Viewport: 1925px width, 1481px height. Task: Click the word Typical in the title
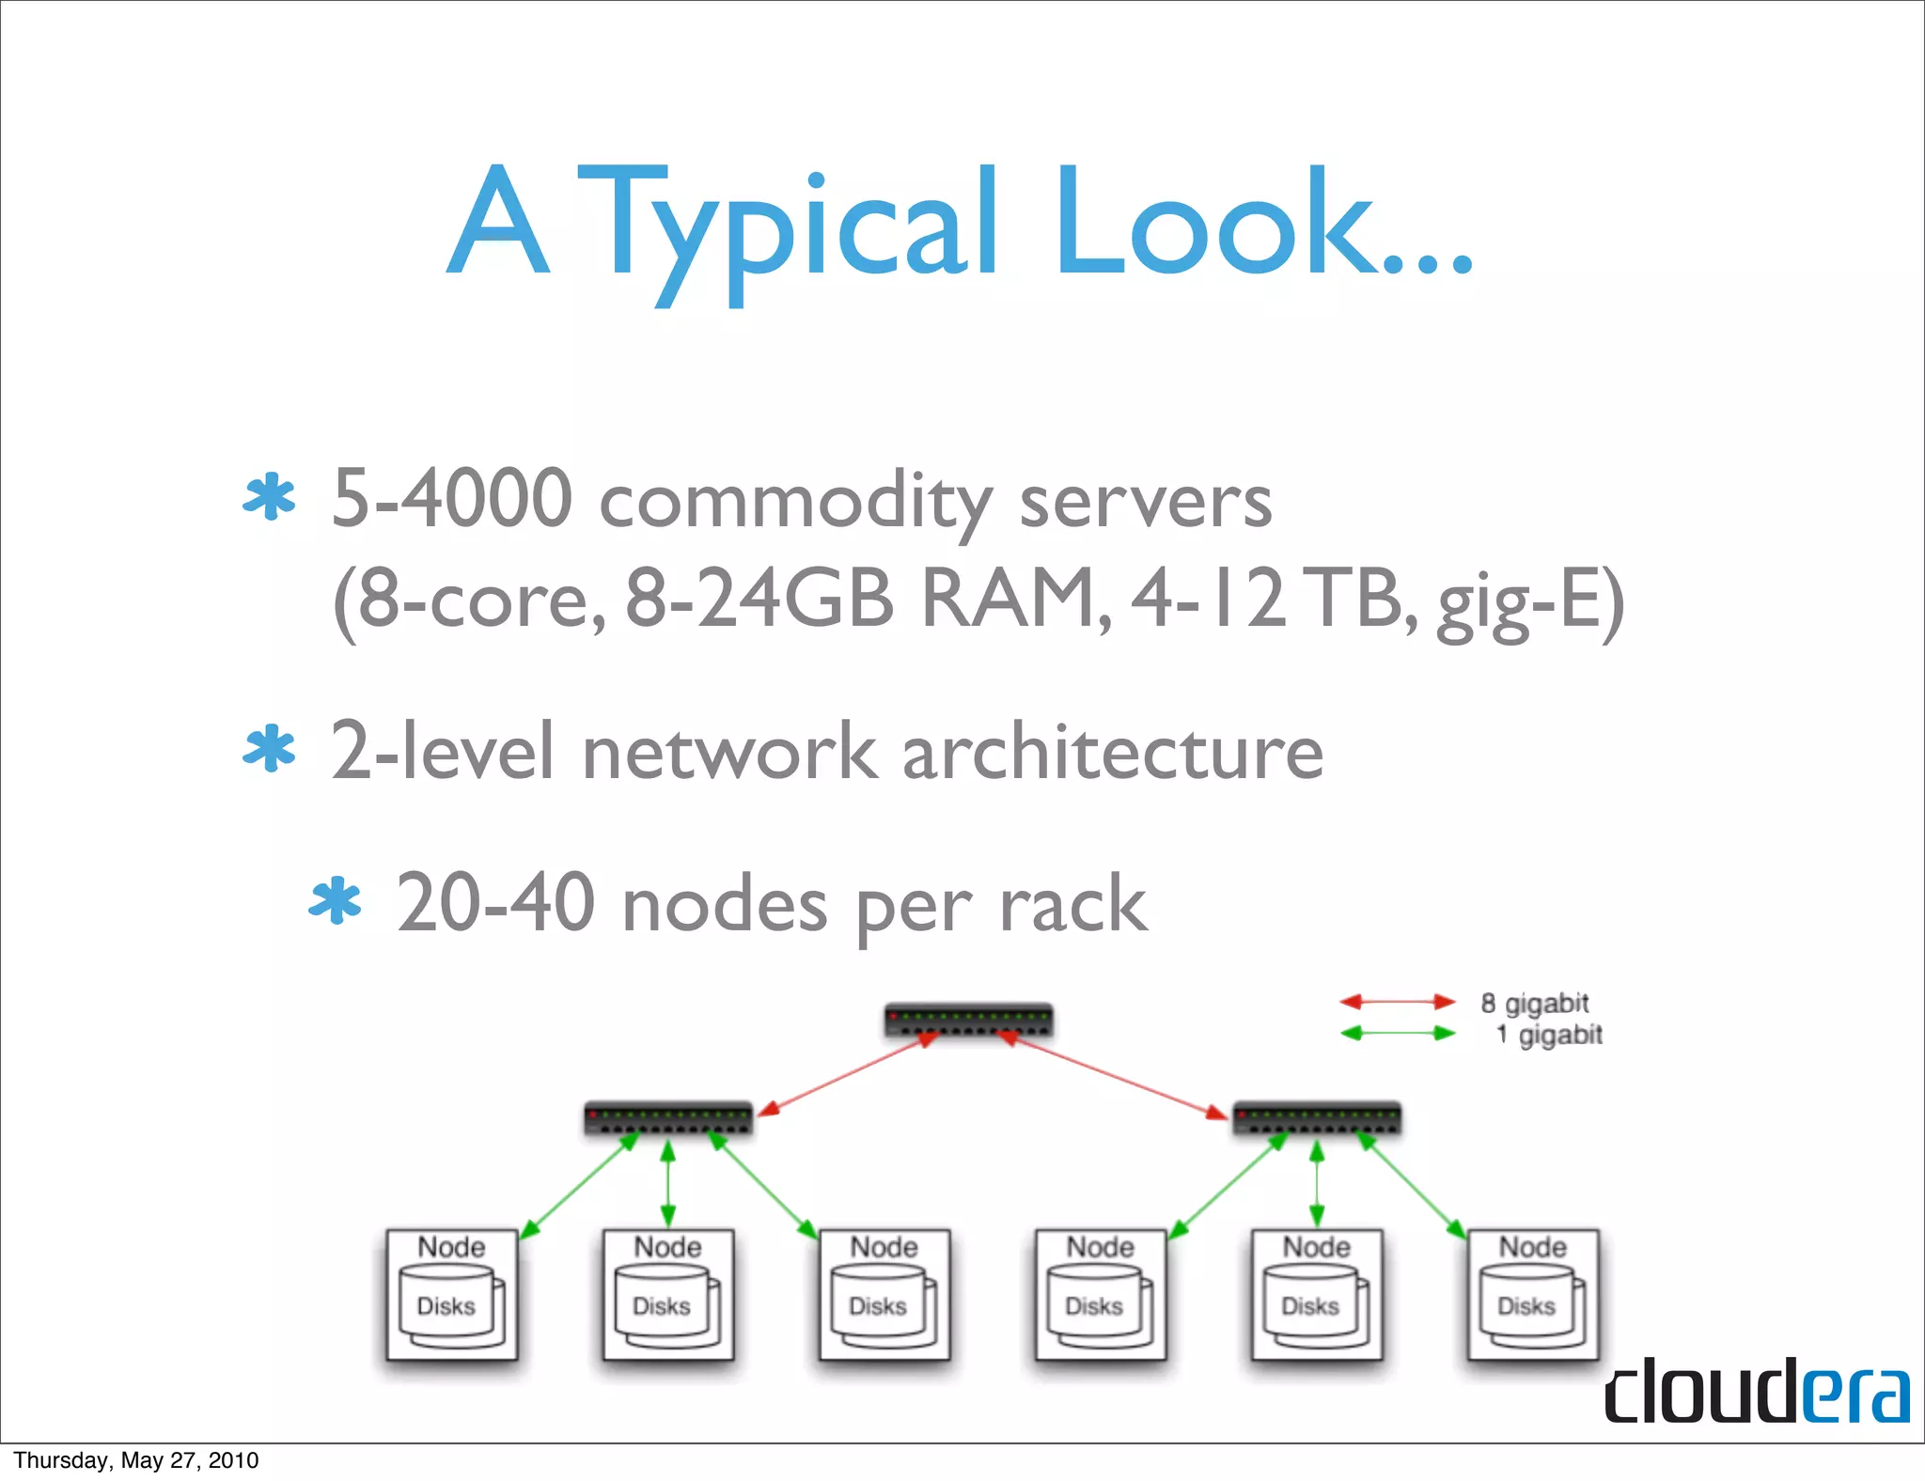(788, 226)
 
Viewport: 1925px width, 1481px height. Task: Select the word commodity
(795, 503)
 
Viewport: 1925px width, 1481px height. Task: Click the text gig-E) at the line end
(1530, 601)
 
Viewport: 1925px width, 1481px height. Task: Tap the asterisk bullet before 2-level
(269, 749)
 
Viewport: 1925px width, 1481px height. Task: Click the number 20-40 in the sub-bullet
(495, 903)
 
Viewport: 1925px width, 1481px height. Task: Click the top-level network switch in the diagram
(968, 1021)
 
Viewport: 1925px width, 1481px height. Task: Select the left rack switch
(668, 1118)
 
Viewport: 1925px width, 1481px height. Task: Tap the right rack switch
(1316, 1118)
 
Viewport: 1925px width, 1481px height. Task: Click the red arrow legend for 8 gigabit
(1397, 1003)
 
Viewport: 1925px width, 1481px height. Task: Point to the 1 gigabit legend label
(1549, 1035)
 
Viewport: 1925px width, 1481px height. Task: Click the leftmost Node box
(452, 1294)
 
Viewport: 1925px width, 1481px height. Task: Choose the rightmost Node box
(1532, 1294)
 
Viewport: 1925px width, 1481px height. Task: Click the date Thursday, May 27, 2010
(136, 1460)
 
